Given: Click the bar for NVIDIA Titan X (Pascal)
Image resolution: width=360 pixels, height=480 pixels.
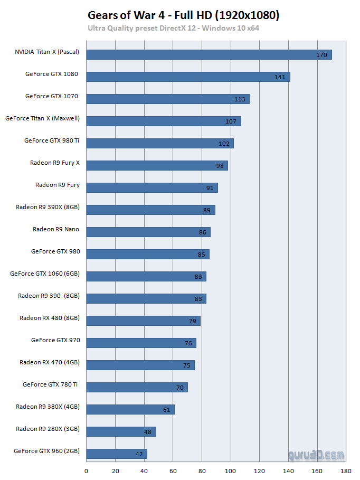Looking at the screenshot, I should coord(209,55).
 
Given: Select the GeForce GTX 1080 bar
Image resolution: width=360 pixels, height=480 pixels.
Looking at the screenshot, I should coord(187,77).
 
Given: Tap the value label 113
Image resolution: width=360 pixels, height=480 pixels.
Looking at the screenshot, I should coord(240,99).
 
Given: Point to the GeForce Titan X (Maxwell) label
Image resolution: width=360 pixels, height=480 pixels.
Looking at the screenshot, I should coord(42,118).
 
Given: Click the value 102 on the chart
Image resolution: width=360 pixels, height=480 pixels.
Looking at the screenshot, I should coord(224,144).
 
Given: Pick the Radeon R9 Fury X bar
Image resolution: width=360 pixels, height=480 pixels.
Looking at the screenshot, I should coord(156,166).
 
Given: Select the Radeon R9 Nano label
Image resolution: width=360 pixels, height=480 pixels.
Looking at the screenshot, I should coord(56,229).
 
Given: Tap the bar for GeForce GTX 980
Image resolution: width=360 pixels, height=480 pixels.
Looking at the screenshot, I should coord(147,255).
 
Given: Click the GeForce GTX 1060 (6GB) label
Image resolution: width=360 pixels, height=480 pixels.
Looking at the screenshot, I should coord(45,274).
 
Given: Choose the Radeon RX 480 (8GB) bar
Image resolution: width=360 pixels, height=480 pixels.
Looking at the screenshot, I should coord(143,321).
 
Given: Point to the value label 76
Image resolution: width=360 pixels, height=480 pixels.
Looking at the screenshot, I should coord(188,343).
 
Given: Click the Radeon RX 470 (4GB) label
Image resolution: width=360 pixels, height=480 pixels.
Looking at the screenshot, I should coord(50,362).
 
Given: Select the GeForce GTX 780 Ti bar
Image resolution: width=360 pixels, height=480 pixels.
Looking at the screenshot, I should coord(136,388).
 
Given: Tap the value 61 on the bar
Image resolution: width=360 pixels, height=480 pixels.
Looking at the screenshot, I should coord(167,410).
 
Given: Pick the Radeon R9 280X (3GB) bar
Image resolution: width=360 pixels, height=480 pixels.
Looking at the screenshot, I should coord(120,432).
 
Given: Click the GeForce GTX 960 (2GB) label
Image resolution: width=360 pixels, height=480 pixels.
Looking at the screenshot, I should coord(47,451).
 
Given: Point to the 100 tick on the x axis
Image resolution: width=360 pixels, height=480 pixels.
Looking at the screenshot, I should coord(230,470).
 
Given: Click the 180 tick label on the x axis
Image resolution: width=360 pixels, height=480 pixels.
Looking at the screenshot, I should coord(346,470).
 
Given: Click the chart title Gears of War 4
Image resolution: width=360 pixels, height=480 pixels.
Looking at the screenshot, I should coord(183,15).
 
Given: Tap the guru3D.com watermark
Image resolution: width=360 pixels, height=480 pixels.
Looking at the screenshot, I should coord(316,455).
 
